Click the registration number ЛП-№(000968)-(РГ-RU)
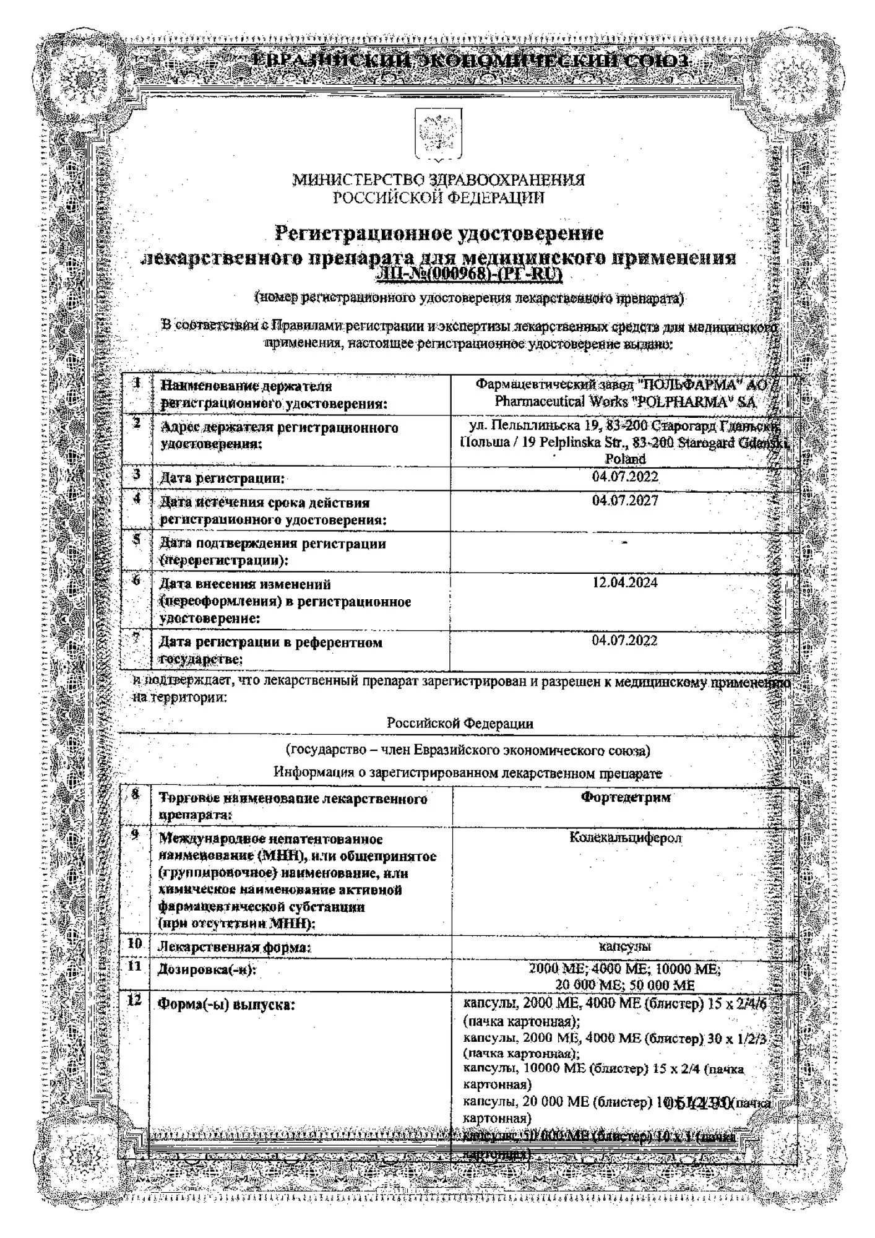(x=471, y=275)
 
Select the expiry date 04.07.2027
(x=624, y=500)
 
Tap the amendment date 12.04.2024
(x=624, y=582)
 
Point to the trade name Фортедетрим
(x=625, y=797)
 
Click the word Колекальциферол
(x=625, y=838)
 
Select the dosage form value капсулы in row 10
(x=625, y=946)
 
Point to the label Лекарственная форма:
(x=235, y=948)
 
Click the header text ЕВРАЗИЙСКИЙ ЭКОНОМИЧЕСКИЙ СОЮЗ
(x=471, y=62)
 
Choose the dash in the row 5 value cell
(x=624, y=542)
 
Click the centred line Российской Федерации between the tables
(x=460, y=723)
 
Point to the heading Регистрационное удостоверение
(x=439, y=234)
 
